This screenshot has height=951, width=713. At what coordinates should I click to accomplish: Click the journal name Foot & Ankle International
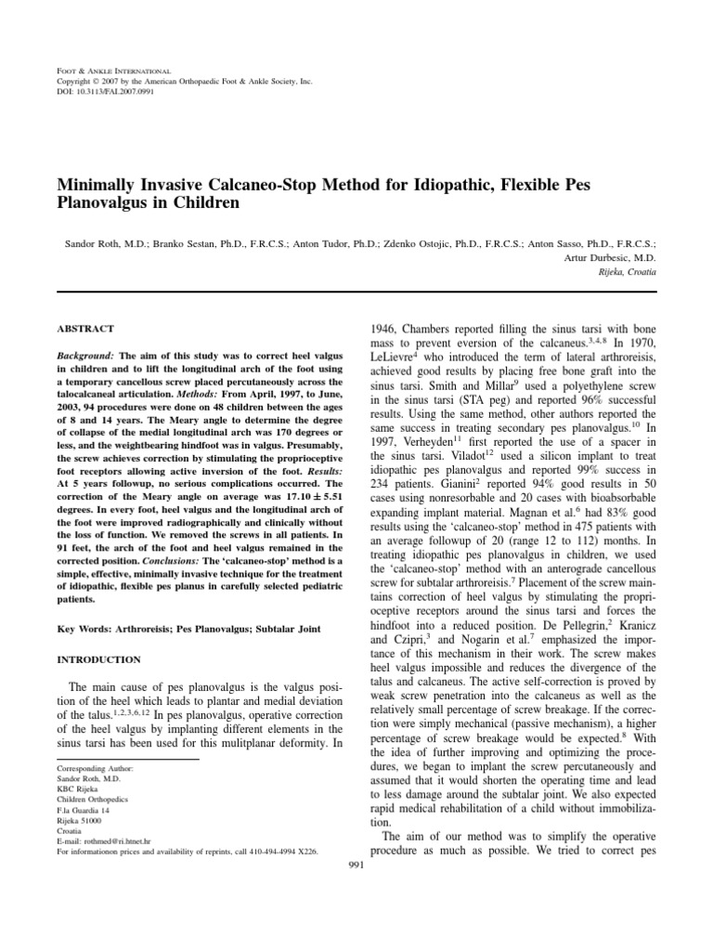(112, 71)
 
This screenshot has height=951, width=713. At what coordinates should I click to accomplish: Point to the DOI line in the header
(101, 92)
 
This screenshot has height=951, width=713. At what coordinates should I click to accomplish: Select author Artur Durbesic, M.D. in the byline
(615, 256)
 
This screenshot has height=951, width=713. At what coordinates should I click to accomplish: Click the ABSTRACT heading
(86, 329)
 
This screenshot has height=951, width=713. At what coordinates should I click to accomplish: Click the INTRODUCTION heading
(99, 659)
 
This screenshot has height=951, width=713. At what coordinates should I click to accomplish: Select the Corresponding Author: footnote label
(95, 770)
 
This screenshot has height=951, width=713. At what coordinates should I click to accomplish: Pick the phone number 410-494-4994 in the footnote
(263, 850)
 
